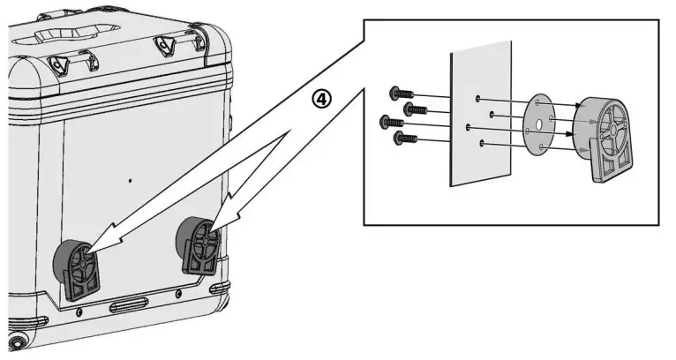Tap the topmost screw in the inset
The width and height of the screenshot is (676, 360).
click(396, 94)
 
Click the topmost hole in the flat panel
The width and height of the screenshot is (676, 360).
click(476, 99)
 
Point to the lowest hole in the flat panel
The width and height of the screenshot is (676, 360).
click(482, 142)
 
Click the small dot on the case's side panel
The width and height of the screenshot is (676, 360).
click(130, 181)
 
